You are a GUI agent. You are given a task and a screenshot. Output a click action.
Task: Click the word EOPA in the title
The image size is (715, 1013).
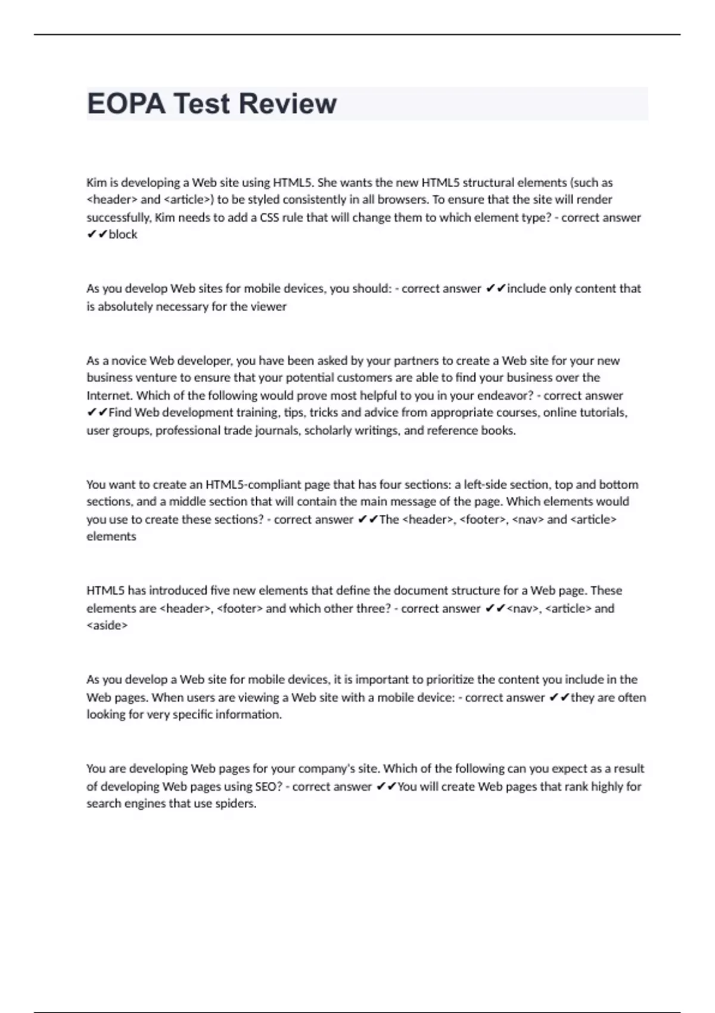coord(126,104)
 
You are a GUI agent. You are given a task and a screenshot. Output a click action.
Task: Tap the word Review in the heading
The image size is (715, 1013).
coord(288,104)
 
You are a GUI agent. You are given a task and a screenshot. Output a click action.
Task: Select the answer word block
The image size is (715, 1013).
coord(123,235)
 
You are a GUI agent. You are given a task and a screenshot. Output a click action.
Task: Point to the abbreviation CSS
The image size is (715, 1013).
coord(269,217)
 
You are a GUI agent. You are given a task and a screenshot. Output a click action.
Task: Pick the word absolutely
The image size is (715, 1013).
coord(125,306)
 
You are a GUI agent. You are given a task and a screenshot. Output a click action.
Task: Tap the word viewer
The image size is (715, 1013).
coord(269,306)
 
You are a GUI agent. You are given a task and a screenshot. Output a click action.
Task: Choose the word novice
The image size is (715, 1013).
coord(125,361)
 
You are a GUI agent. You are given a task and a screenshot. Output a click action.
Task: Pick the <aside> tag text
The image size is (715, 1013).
coord(107,626)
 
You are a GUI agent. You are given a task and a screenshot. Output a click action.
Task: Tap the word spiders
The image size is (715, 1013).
coord(236,804)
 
